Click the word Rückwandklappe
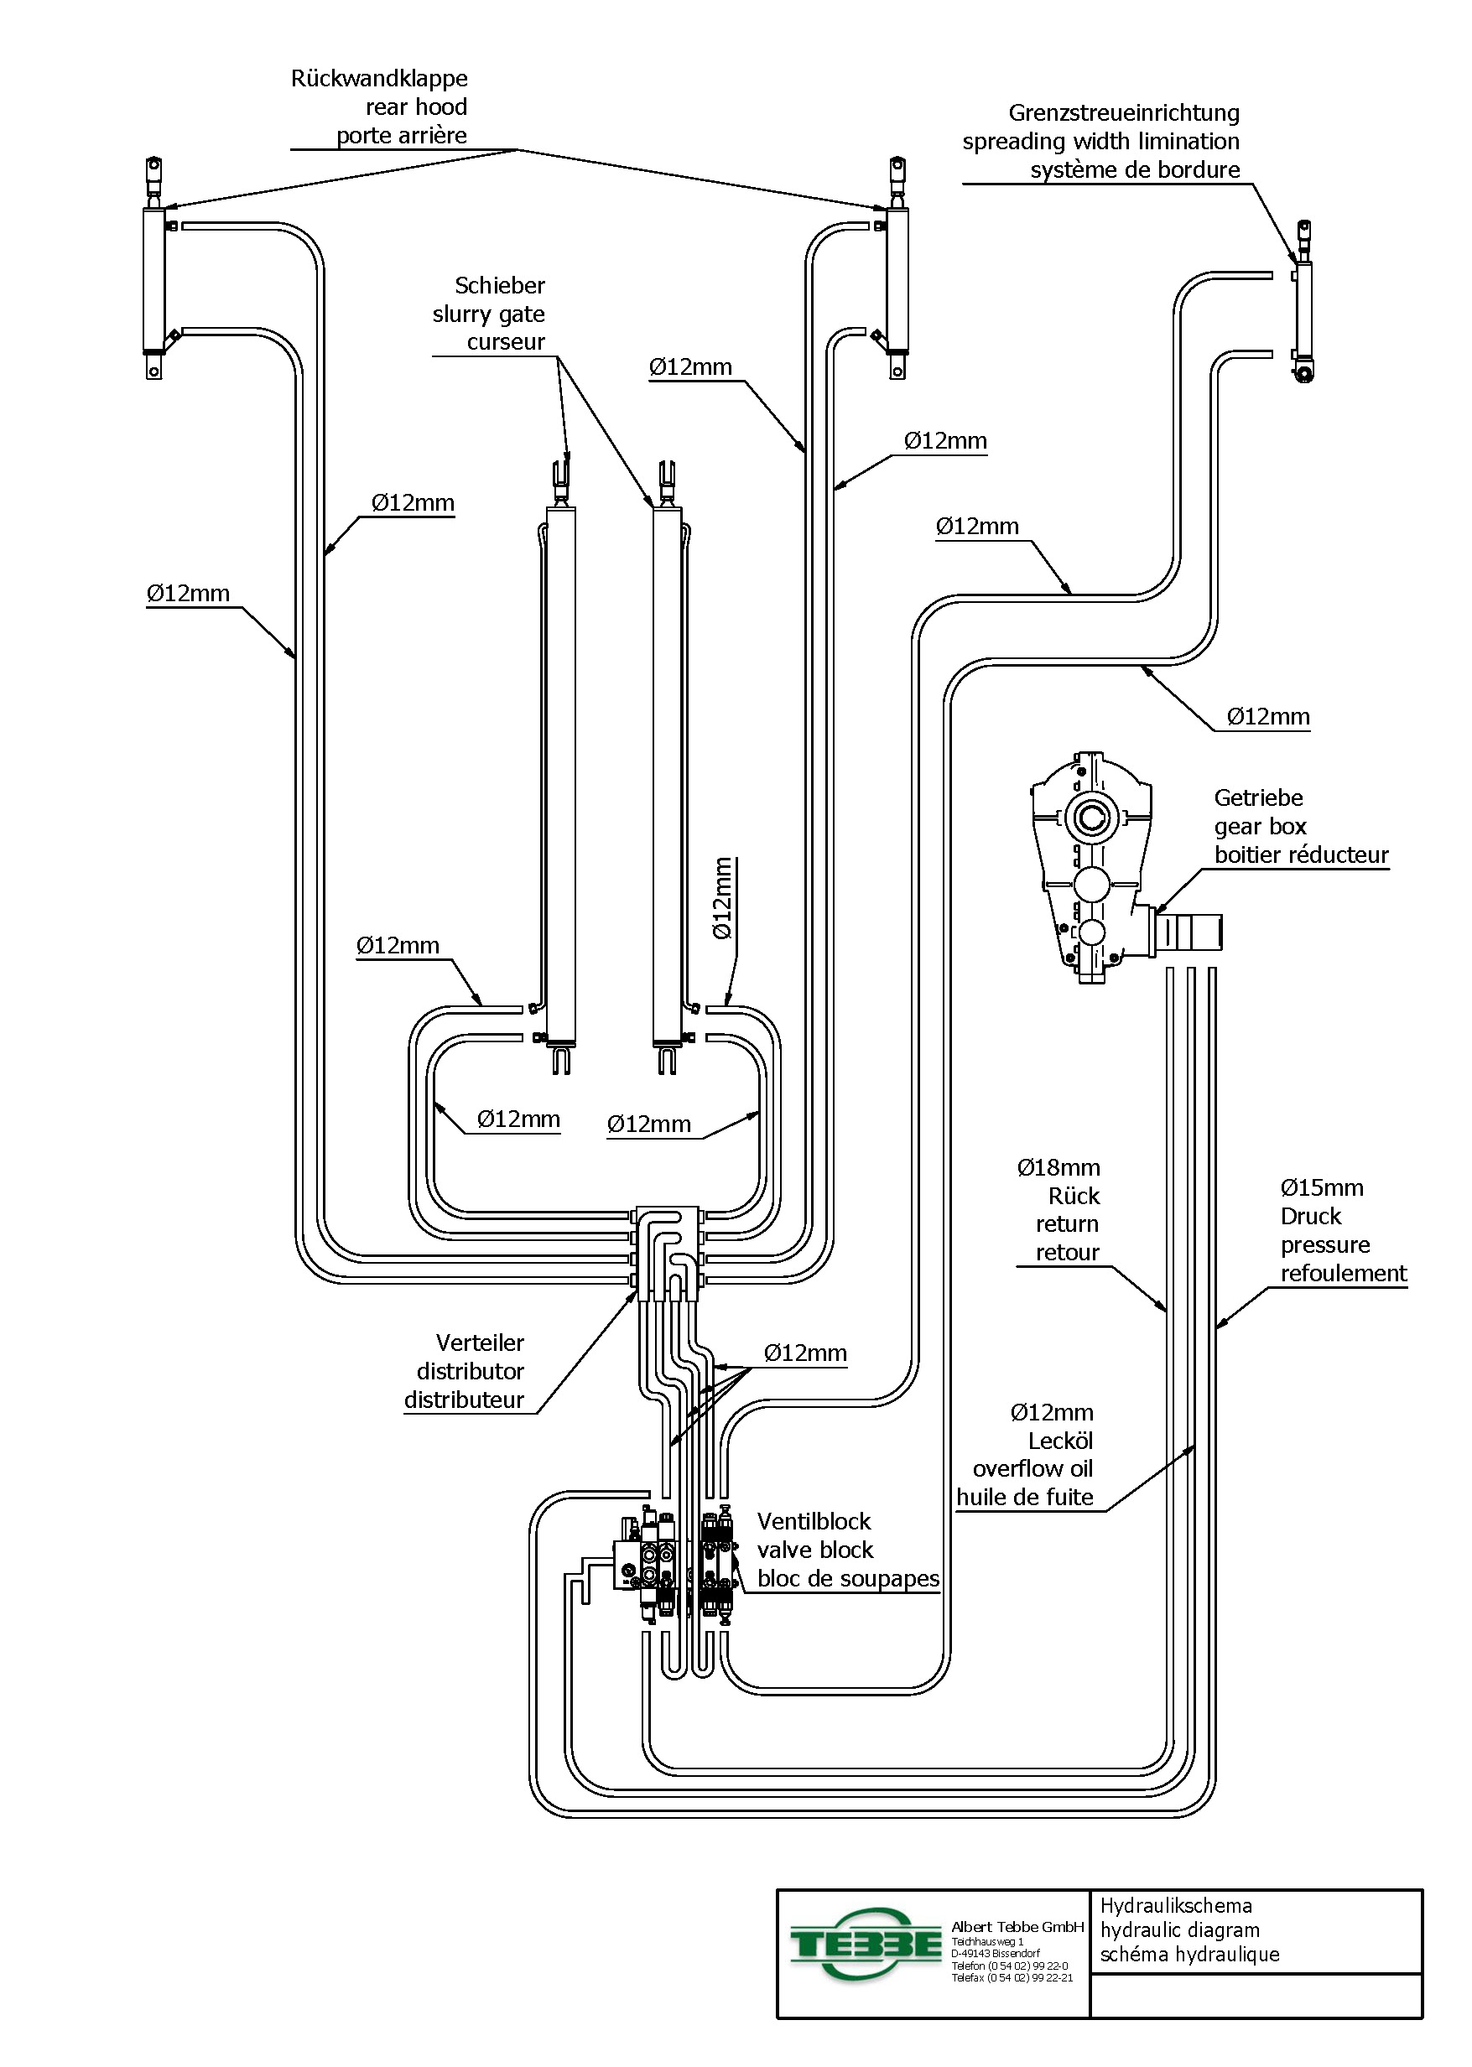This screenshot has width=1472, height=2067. coord(379,79)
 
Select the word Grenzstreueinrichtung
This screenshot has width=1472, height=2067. coord(1123,113)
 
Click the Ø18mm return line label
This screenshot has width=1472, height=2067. coord(1058,1168)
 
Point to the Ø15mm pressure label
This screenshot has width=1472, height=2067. coord(1322,1188)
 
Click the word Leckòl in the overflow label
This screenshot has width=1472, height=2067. coord(1059,1441)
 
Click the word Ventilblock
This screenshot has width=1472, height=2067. coord(813,1521)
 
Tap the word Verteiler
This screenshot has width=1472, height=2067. coord(480,1343)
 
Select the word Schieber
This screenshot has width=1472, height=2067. coord(499,285)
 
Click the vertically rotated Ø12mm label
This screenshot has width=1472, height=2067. coord(722,899)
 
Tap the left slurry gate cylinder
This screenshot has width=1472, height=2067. coord(560,771)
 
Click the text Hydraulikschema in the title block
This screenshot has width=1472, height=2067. coord(1176,1906)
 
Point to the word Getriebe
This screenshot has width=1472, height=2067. coord(1258,798)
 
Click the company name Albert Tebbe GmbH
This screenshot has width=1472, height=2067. coord(1017,1928)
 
